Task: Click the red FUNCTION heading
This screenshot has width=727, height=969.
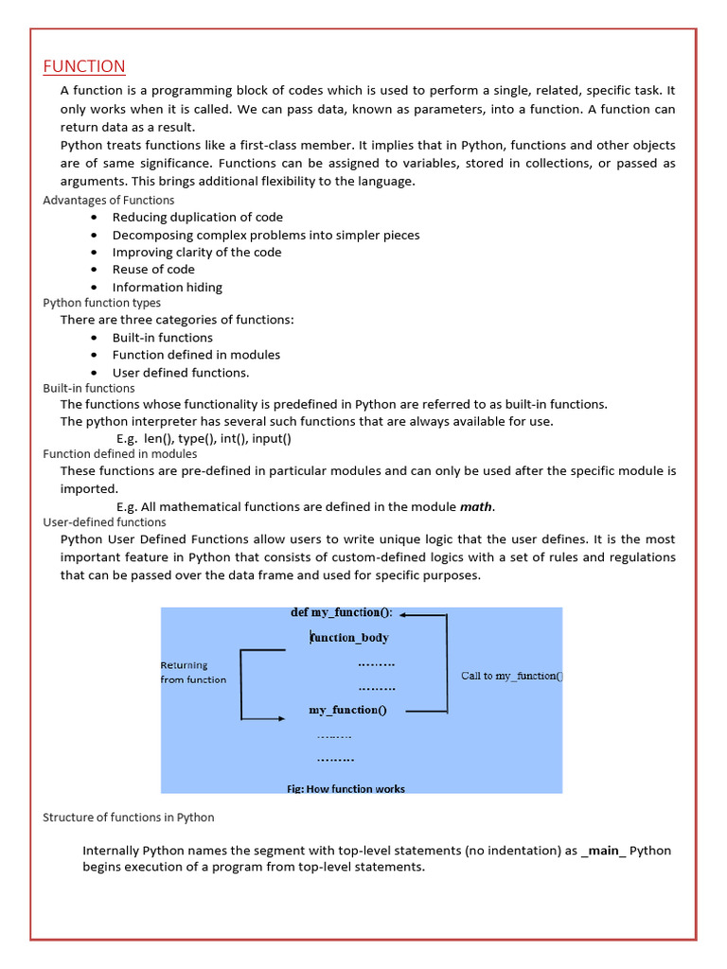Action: point(84,66)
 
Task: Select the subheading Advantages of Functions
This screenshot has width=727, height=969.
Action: point(109,200)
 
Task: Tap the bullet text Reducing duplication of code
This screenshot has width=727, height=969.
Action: point(197,218)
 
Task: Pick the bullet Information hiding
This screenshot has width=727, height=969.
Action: point(168,287)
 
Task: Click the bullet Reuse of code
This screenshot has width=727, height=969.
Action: point(153,270)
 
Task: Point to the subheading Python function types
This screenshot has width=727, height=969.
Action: point(102,303)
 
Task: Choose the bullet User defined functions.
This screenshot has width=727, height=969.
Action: point(181,372)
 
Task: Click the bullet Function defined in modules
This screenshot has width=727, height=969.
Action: point(196,355)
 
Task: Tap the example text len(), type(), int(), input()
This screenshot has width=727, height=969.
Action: point(218,439)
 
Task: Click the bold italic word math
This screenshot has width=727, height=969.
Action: point(476,506)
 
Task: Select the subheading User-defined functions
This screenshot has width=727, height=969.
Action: point(104,521)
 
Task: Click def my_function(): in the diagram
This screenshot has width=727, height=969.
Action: point(341,612)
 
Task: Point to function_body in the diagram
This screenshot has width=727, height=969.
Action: point(349,637)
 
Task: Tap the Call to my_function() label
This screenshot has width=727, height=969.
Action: point(511,676)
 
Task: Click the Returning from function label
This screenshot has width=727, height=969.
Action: point(193,672)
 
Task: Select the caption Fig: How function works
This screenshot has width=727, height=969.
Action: point(346,788)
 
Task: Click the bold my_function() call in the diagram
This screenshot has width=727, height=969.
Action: point(347,710)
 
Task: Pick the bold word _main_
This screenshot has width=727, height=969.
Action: point(603,851)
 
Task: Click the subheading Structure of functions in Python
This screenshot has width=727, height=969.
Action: point(129,817)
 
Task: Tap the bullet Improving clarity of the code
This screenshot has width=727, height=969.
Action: point(196,253)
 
